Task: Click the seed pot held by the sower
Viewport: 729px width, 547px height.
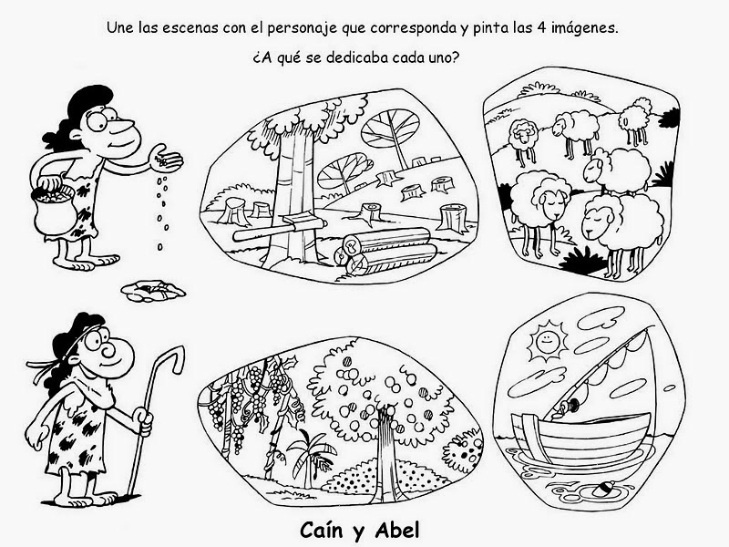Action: [53, 209]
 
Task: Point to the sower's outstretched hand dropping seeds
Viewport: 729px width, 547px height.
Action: [165, 157]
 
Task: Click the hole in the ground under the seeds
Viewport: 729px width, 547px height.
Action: [153, 290]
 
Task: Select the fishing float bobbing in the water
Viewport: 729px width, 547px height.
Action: [603, 489]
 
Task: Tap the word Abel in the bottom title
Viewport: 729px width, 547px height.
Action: [397, 530]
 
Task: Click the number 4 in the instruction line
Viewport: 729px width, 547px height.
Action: [540, 28]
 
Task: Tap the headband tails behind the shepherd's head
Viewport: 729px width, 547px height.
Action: [41, 366]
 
